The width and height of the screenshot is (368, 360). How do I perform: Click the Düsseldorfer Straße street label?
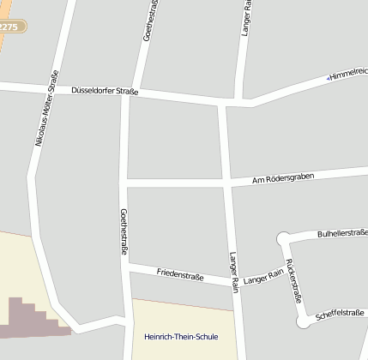[105, 89]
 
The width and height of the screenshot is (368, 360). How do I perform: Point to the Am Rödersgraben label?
[283, 179]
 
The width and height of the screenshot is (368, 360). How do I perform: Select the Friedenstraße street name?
[179, 274]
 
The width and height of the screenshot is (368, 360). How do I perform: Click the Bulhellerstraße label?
[341, 233]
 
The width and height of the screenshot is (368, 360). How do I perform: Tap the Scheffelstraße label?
[340, 314]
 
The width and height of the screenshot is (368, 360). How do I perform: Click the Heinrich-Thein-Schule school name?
[181, 337]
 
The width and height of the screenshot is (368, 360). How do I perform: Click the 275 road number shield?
[10, 27]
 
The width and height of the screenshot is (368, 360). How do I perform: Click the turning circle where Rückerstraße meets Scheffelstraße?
[305, 321]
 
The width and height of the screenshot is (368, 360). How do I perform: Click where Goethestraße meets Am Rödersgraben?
[126, 183]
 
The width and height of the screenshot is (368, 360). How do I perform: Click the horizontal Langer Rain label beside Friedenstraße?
[262, 277]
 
